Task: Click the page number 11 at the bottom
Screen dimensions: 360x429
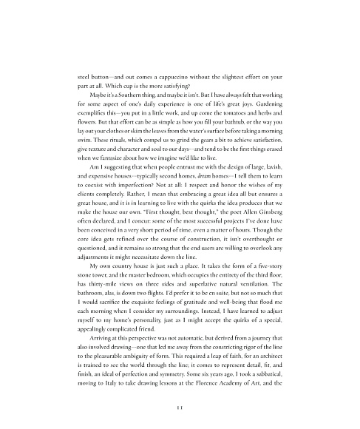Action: [180, 407]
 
